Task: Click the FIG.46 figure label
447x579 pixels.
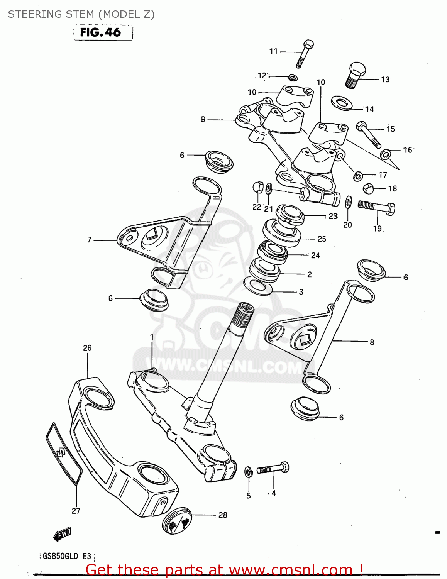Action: tap(100, 32)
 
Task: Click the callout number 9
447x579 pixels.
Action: tap(203, 119)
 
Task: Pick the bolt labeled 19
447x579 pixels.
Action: tap(376, 208)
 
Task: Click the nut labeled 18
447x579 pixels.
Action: tap(369, 189)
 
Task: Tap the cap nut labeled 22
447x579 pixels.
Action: tap(258, 187)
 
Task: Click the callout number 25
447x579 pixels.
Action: tap(322, 239)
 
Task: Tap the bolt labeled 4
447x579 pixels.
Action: tap(273, 469)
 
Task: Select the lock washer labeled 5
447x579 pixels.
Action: tap(248, 471)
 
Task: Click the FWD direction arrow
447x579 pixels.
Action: tap(62, 534)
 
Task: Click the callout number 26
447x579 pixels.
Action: tap(87, 348)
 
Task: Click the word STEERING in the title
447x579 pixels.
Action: tap(32, 14)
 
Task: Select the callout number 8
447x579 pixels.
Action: tap(372, 342)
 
